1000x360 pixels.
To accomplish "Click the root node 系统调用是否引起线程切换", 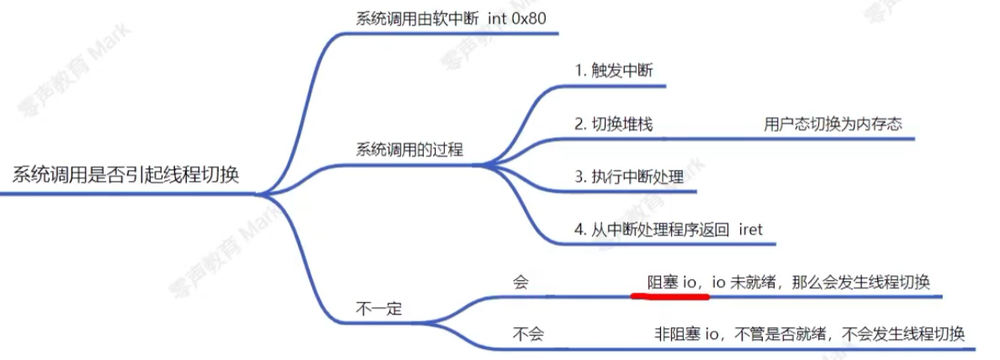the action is [x=126, y=175].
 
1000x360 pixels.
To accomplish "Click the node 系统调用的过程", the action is [x=410, y=149].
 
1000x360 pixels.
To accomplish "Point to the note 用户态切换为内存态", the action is [x=833, y=124].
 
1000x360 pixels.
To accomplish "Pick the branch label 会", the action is [x=521, y=282].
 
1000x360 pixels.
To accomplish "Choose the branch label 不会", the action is [x=528, y=334].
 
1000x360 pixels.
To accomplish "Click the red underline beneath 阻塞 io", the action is [x=670, y=295].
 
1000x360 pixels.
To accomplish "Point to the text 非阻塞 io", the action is [x=687, y=334].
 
